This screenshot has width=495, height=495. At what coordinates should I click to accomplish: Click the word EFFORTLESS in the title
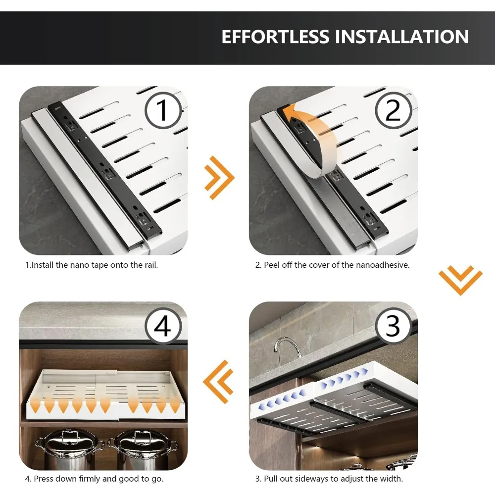pos(275,37)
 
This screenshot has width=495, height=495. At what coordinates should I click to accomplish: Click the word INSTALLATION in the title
pos(402,37)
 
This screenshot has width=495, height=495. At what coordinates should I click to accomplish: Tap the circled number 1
pos(163,110)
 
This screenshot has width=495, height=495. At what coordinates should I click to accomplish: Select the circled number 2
pos(394,110)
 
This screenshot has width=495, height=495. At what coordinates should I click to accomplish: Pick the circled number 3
pos(394,326)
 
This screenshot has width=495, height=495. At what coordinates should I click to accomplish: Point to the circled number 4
pos(163,326)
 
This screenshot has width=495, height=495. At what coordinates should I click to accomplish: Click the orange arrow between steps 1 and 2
pos(219,177)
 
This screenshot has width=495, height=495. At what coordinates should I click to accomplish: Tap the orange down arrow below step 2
pos(460,280)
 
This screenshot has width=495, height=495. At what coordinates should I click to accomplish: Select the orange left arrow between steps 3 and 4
pos(218,382)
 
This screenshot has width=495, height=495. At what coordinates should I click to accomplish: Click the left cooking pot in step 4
pos(69,449)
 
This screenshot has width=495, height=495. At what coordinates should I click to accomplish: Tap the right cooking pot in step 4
pos(142,449)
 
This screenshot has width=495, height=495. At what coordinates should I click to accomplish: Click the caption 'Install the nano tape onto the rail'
pos(92,265)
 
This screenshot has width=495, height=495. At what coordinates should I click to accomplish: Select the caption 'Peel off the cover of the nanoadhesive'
pos(333,265)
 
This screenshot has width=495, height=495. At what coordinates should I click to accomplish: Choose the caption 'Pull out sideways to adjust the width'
pos(329,479)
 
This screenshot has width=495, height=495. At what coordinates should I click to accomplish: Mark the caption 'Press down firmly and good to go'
pos(94,479)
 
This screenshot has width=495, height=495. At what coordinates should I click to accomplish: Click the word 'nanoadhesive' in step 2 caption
pos(383,265)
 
